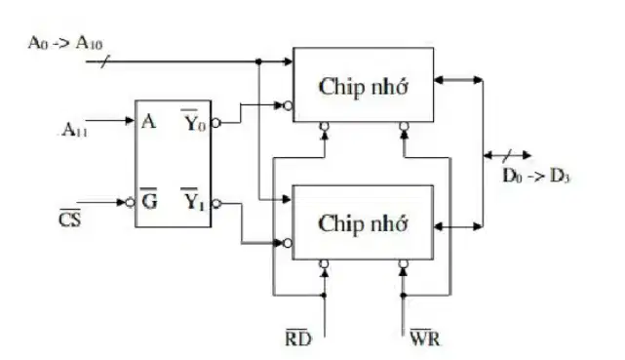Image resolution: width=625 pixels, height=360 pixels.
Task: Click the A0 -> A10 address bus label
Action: [x=65, y=43]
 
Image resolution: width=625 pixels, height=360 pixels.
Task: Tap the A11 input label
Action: [x=75, y=130]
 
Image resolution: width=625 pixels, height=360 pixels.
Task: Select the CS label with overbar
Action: [x=70, y=219]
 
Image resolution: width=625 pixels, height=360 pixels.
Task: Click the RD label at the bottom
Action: [x=298, y=339]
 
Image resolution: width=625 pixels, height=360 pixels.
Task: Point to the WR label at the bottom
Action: [x=425, y=339]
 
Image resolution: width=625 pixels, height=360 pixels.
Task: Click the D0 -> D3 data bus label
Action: [x=536, y=176]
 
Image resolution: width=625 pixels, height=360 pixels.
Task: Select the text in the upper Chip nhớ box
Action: [x=363, y=87]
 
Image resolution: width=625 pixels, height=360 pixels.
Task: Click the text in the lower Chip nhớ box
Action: [x=363, y=223]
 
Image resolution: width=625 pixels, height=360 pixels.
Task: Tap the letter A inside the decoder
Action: [x=148, y=121]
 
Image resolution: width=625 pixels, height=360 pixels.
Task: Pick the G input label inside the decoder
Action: [x=149, y=199]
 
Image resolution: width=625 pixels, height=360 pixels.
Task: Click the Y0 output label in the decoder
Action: [x=194, y=121]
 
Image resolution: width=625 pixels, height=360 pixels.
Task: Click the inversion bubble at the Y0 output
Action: [x=215, y=123]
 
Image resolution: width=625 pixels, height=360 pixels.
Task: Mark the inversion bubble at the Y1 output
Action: [x=216, y=204]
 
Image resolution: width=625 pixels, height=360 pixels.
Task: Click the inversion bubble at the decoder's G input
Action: [x=131, y=203]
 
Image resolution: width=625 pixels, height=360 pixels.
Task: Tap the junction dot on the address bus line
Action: [x=258, y=61]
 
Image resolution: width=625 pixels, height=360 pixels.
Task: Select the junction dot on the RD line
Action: [x=324, y=296]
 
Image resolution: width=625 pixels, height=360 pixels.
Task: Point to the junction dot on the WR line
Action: [x=404, y=296]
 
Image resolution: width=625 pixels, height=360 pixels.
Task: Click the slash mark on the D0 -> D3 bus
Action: [x=507, y=155]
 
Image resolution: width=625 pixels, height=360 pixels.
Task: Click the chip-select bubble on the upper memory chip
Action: [x=288, y=105]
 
